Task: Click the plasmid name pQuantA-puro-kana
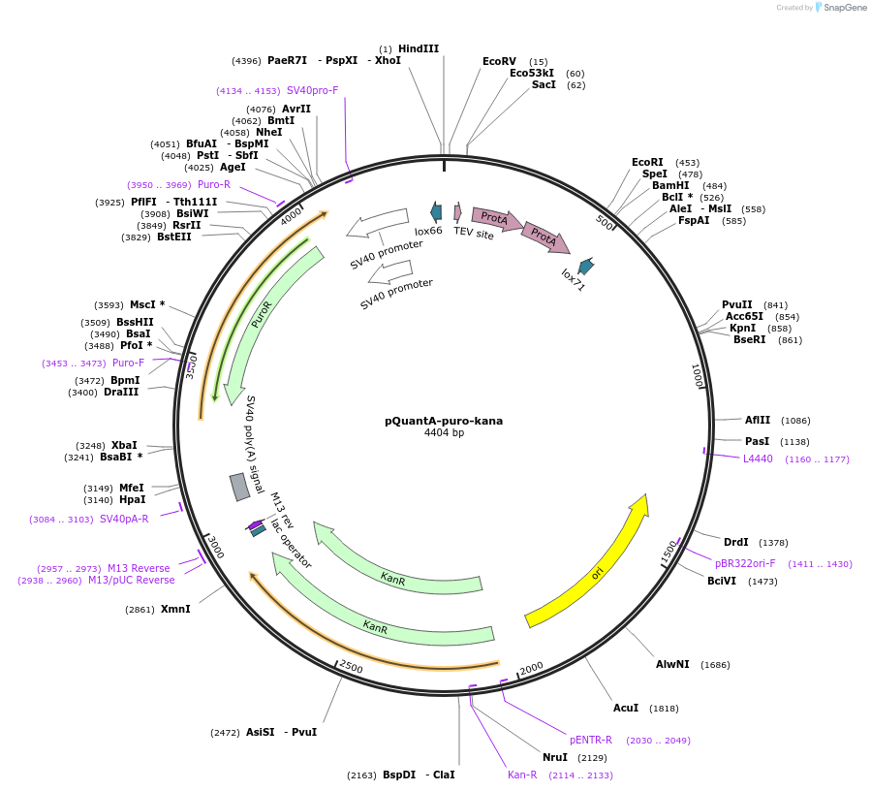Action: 444,421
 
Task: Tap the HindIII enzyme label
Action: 418,48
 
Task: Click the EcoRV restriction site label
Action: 499,61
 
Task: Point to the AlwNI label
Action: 672,665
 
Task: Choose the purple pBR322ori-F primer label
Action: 745,563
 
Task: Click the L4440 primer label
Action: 758,459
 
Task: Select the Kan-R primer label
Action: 522,775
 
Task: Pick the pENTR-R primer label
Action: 591,740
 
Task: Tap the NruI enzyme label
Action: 554,757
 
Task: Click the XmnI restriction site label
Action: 175,609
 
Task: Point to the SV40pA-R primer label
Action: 124,519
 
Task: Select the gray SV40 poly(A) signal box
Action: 239,487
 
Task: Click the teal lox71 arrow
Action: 585,266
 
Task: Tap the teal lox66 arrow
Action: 436,211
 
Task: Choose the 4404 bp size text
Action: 444,432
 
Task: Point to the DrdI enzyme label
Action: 736,542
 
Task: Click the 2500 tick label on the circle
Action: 350,668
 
